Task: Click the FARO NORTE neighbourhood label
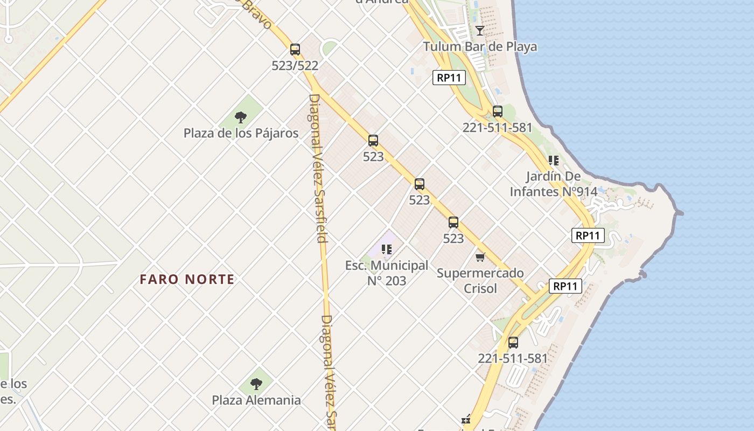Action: tap(187, 279)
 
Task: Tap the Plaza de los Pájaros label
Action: tap(241, 133)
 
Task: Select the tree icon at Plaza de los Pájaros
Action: tap(241, 117)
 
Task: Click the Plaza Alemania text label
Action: tap(256, 400)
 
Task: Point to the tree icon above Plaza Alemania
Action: tap(256, 384)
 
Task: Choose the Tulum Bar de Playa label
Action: tap(480, 46)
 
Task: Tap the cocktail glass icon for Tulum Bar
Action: tap(480, 31)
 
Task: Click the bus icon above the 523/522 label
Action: tap(295, 50)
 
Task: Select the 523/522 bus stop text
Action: tap(295, 66)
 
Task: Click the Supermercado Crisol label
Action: tap(480, 280)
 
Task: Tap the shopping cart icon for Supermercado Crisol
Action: tap(480, 257)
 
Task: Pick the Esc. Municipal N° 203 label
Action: tap(387, 273)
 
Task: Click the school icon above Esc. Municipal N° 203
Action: tap(387, 249)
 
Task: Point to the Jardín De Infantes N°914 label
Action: tap(554, 184)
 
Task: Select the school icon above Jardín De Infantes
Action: tap(554, 160)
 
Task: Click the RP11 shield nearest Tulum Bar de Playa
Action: tap(449, 78)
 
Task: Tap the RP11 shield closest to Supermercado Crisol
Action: tap(565, 286)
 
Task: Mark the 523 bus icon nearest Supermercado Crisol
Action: tap(453, 222)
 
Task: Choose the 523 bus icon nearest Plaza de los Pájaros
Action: tap(373, 141)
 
